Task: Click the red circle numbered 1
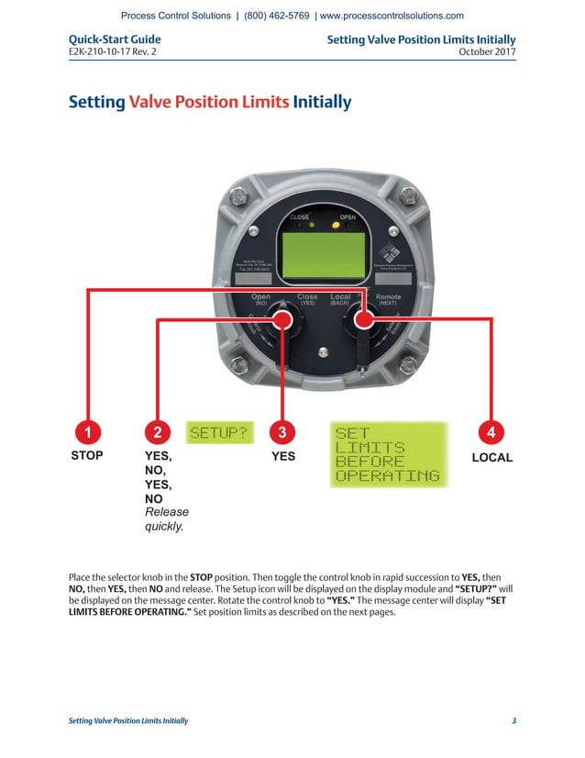[87, 431]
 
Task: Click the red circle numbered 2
[159, 431]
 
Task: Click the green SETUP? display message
[219, 432]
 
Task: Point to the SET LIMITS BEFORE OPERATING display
[387, 453]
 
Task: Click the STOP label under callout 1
[87, 455]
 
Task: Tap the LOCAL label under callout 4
[491, 456]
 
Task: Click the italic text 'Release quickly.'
[167, 519]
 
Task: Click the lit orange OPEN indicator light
[336, 224]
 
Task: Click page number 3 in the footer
[513, 720]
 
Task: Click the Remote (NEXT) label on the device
[388, 299]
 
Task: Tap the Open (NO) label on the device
[260, 299]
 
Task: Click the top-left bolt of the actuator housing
[237, 195]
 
